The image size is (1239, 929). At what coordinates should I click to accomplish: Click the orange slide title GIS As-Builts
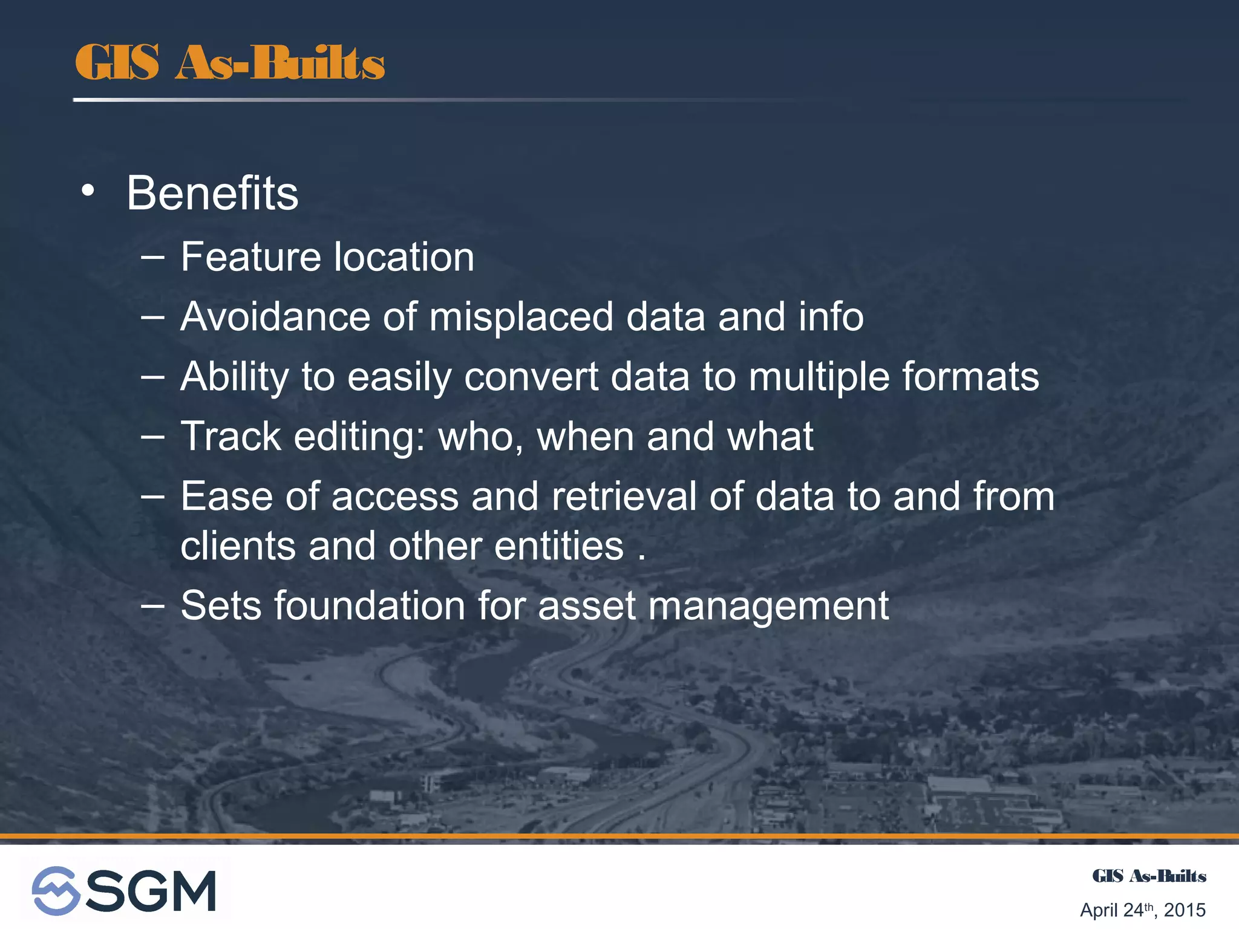[x=230, y=63]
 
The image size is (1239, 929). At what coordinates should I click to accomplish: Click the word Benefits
[x=212, y=194]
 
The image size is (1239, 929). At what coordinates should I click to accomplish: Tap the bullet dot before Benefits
[x=88, y=191]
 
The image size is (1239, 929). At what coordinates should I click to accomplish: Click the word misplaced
[x=521, y=317]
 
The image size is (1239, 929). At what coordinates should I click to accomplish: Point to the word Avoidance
[x=275, y=317]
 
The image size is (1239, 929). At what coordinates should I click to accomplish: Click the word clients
[x=238, y=546]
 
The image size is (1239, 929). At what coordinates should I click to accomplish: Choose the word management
[x=768, y=607]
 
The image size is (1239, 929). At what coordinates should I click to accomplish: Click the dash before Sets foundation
[x=152, y=605]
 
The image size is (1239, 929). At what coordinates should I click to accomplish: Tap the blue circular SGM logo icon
[x=56, y=890]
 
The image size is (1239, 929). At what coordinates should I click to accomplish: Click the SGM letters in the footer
[x=151, y=890]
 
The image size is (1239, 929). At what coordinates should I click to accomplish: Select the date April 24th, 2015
[x=1142, y=910]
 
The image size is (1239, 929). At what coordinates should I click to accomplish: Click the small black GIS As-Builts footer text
[x=1148, y=876]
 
